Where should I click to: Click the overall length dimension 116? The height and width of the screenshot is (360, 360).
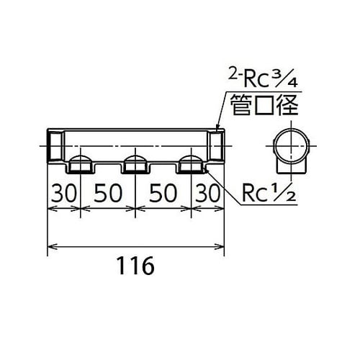click(135, 266)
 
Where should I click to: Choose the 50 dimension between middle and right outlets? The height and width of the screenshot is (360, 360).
click(164, 194)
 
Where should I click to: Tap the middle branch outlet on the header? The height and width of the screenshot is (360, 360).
click(135, 165)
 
